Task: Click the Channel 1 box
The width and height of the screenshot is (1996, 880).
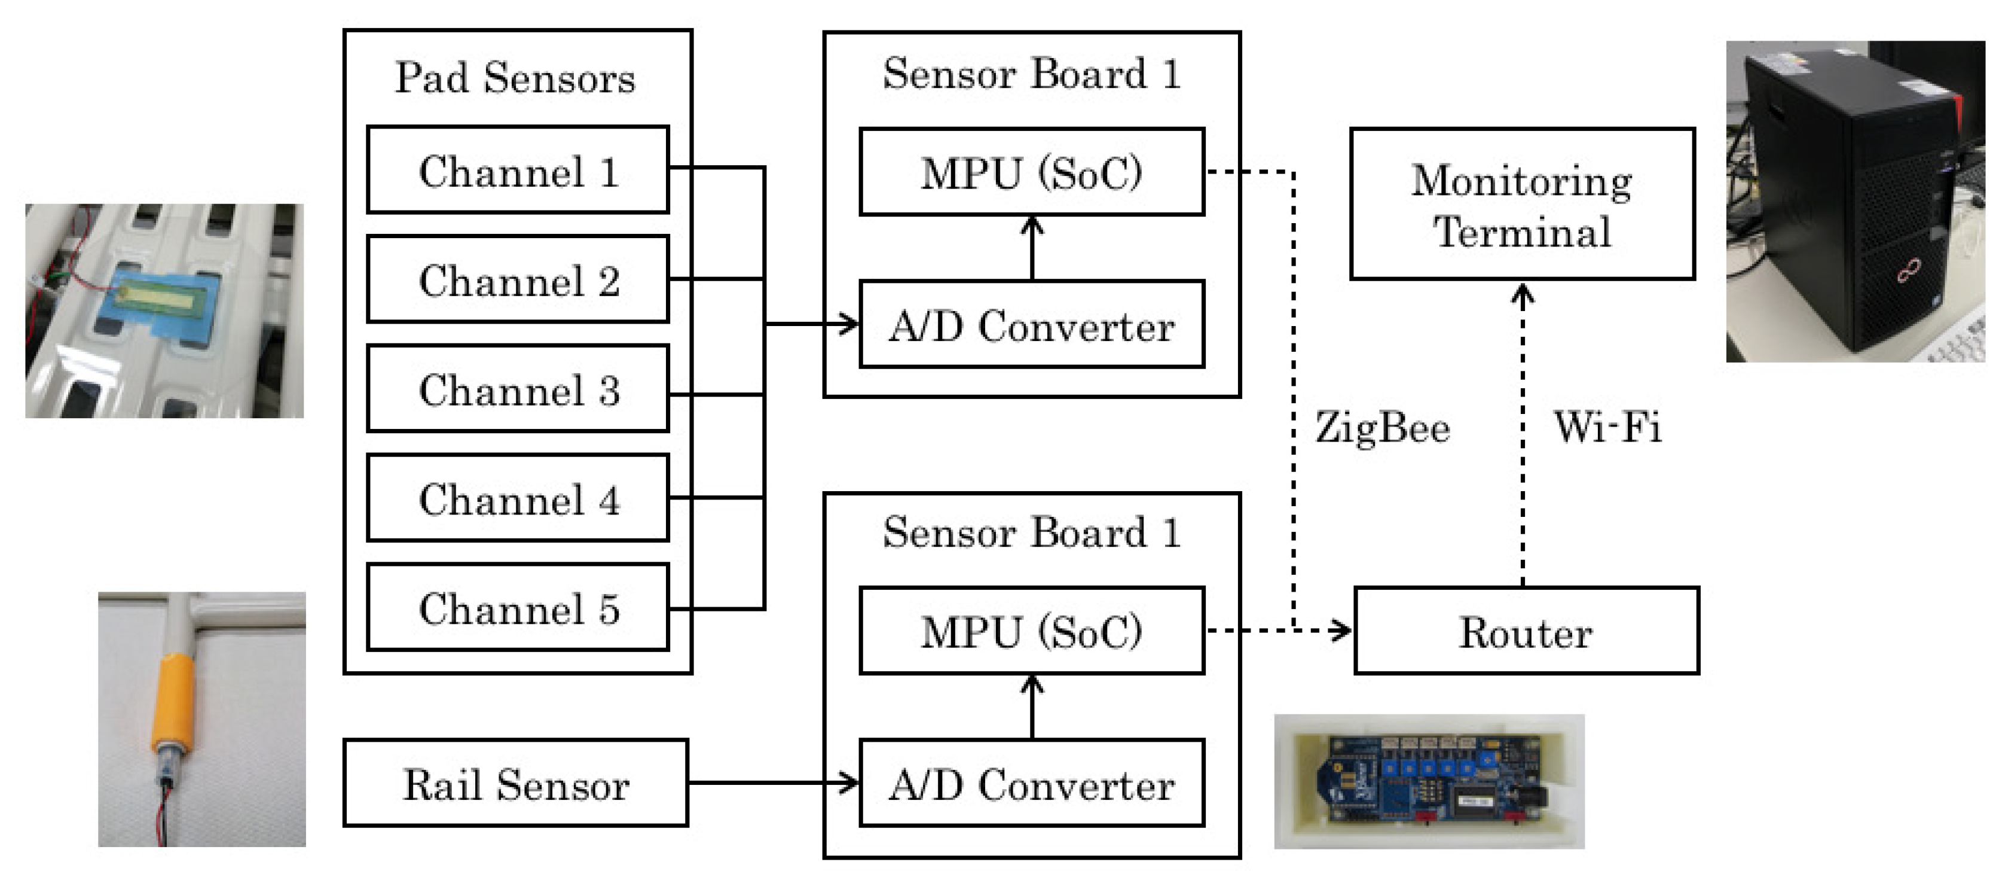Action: (518, 170)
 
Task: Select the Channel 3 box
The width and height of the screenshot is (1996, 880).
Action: (518, 388)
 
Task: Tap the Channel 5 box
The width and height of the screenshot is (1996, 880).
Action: (518, 607)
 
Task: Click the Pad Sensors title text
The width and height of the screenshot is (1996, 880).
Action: (515, 78)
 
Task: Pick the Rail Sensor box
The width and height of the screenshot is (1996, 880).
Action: (515, 783)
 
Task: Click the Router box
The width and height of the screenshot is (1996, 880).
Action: (1526, 631)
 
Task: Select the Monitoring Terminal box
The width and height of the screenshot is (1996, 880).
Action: (1522, 205)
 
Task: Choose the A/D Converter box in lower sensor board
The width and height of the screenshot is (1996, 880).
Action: (1031, 783)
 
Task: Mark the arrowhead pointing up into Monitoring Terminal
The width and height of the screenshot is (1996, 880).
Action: (1523, 294)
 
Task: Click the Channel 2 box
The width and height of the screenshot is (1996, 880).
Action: (518, 279)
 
